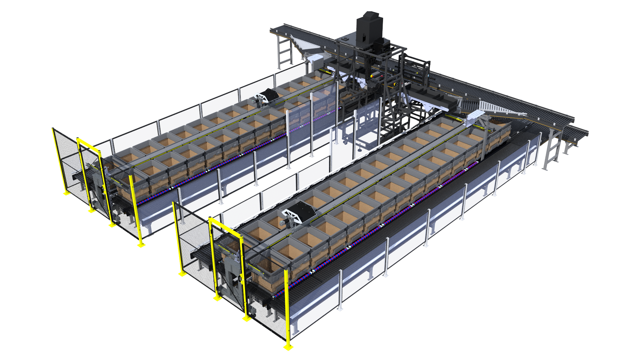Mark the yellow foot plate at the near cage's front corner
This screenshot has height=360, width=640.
click(288, 348)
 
